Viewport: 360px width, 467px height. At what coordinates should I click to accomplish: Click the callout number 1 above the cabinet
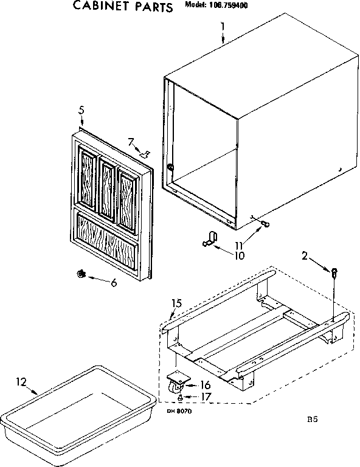223,26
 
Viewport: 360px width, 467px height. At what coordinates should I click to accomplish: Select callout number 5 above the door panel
81,111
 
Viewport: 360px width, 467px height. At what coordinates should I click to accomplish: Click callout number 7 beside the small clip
130,142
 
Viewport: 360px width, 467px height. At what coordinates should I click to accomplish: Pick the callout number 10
238,255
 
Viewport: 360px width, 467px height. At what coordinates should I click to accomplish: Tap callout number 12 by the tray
21,382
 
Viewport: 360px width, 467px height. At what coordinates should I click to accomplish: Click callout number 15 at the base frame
176,303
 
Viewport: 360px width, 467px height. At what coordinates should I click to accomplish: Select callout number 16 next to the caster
205,384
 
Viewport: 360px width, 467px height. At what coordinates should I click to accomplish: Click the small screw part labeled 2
334,271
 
